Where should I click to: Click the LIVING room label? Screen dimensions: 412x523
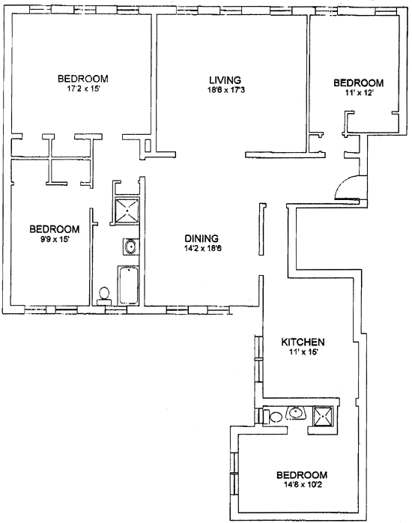point(225,80)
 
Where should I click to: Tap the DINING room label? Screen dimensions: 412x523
point(202,238)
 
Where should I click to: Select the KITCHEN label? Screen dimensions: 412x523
point(303,342)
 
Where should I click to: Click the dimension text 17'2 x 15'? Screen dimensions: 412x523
point(83,88)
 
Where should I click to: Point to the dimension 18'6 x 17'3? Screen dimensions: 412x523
point(226,90)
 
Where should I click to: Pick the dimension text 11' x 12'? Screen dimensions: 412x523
point(359,93)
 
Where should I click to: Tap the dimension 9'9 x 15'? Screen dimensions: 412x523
point(55,239)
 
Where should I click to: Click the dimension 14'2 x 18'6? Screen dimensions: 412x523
point(203,248)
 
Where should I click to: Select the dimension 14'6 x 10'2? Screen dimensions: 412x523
point(303,484)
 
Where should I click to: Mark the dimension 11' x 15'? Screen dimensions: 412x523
point(303,351)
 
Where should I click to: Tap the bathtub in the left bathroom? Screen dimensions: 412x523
point(128,285)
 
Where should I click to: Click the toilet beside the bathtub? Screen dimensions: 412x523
point(104,296)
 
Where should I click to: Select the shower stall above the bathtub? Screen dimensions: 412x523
point(127,211)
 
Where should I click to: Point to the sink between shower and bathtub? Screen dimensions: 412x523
point(130,247)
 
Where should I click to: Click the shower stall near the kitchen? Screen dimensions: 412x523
point(323,416)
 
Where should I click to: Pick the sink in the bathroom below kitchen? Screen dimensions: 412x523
point(296,413)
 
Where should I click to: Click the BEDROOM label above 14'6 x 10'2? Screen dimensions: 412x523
point(302,474)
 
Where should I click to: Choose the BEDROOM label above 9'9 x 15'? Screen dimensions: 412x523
point(55,229)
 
